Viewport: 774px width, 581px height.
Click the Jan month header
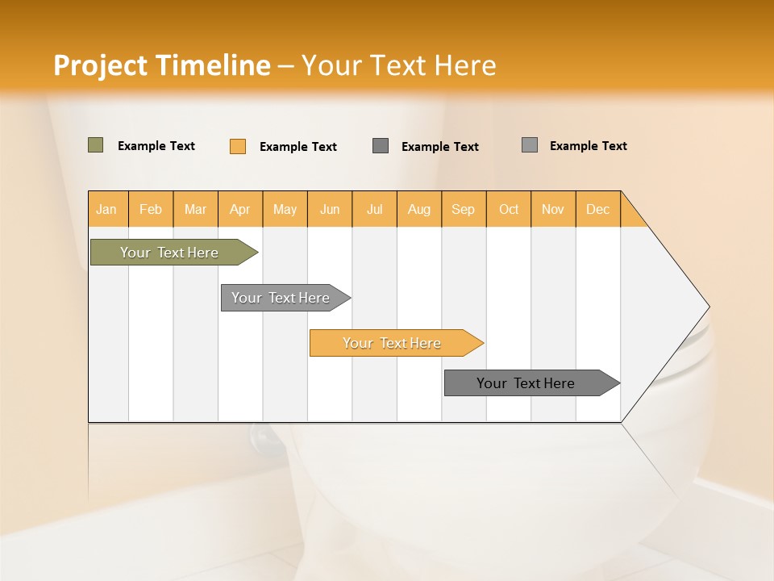107,209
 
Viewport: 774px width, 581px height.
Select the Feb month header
151,209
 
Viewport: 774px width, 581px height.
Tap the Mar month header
195,209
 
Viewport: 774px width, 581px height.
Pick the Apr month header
240,209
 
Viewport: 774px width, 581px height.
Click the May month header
285,209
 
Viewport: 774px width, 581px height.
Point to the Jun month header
330,209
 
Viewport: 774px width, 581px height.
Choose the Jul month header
374,209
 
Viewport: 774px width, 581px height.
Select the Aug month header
419,209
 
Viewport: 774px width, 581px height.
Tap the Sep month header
464,209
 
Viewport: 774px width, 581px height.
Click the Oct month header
509,209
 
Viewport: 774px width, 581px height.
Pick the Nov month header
553,209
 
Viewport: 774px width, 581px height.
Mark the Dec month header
598,209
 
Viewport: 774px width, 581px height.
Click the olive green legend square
95,145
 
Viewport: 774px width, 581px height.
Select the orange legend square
238,146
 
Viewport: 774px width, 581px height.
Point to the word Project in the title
100,65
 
